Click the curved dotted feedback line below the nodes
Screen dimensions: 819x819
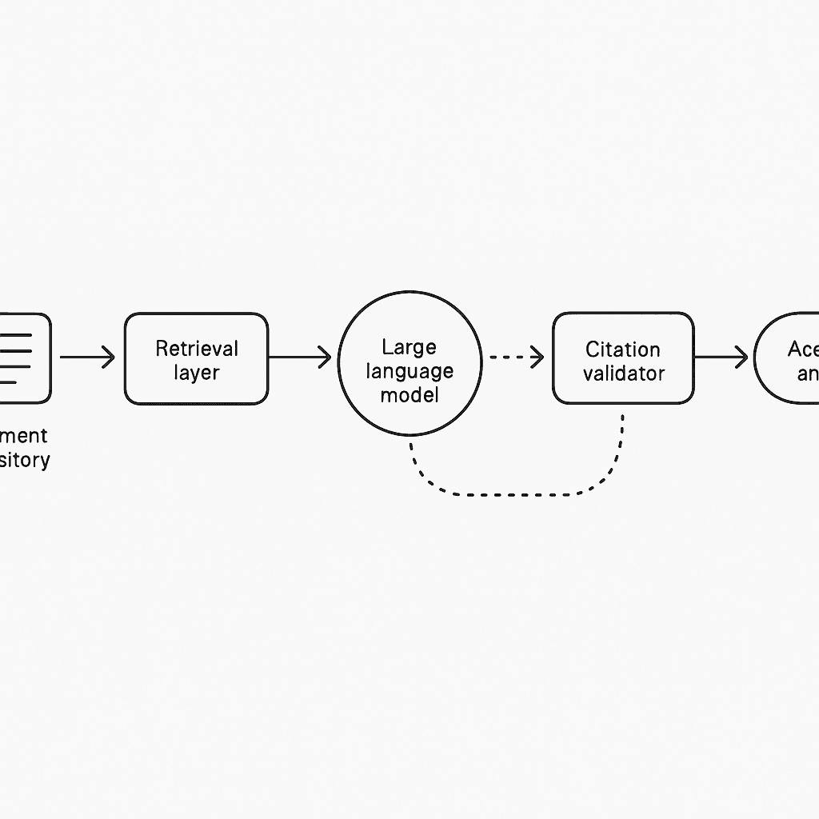click(x=512, y=494)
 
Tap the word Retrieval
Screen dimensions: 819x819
click(x=197, y=349)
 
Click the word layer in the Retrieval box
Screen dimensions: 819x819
click(x=196, y=373)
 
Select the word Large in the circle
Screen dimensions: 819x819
click(x=409, y=347)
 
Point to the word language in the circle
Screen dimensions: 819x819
click(x=409, y=371)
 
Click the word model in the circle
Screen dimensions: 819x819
click(x=409, y=395)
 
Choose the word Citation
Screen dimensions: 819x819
click(x=623, y=350)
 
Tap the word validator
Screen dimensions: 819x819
click(x=623, y=374)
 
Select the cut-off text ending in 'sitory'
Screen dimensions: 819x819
click(x=24, y=460)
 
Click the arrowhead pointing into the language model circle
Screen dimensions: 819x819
click(x=325, y=358)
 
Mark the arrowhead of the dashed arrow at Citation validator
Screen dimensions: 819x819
click(x=537, y=358)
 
